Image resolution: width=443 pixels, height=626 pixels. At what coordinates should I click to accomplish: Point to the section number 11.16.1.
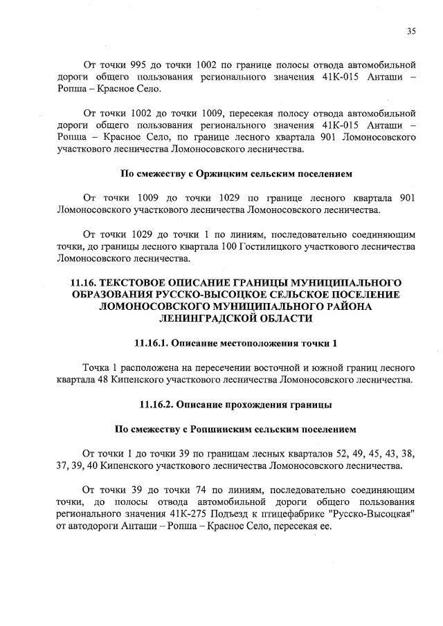pos(151,343)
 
